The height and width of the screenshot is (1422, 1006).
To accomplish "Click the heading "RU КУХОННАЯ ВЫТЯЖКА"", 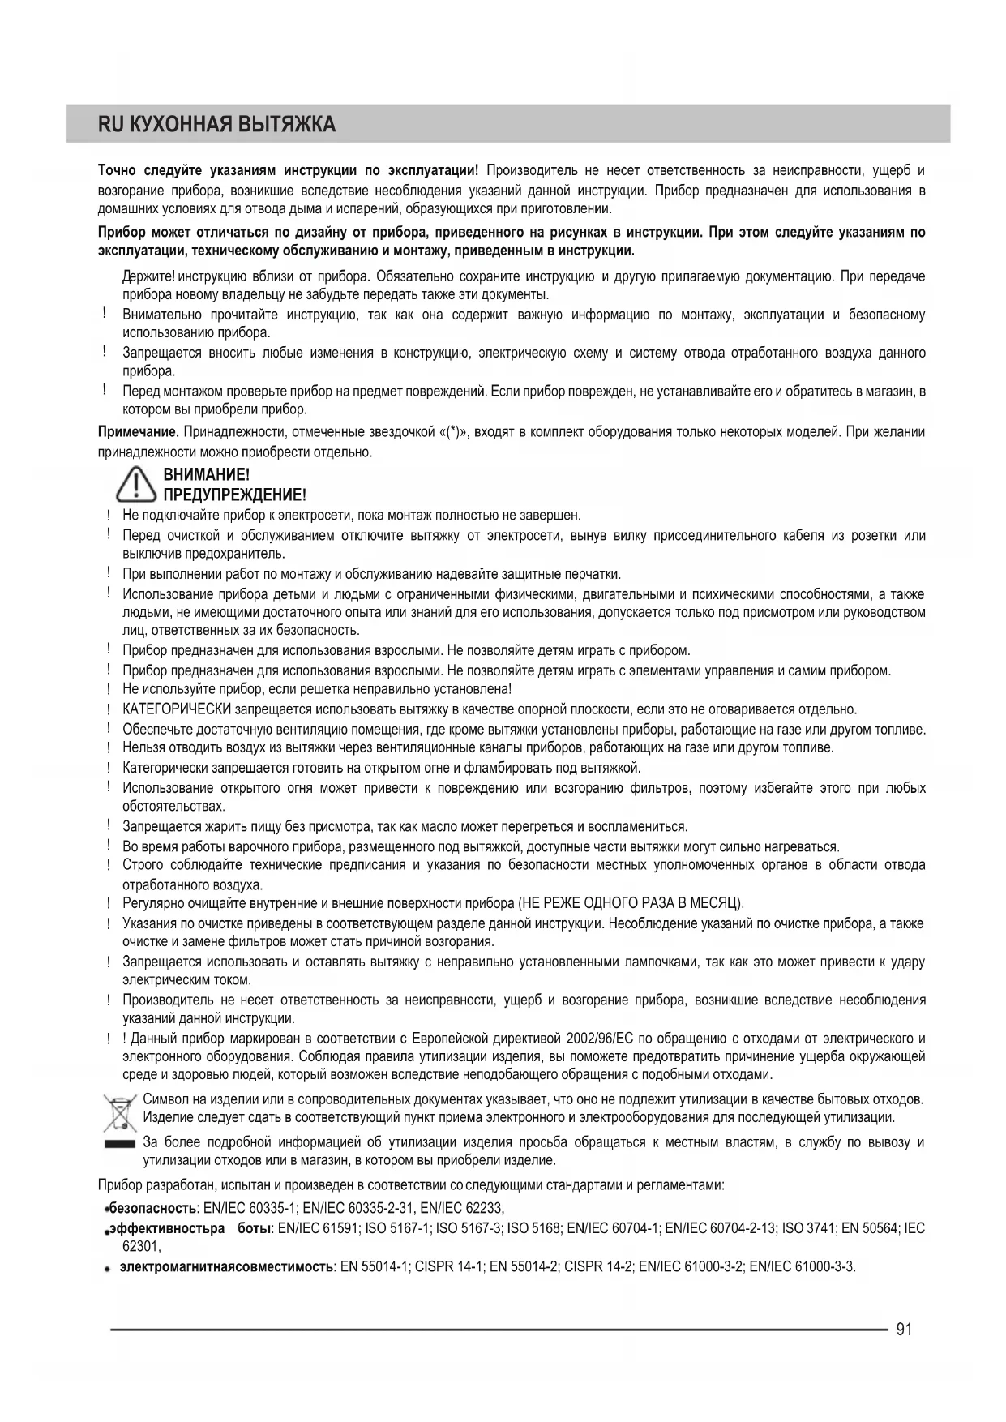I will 216,125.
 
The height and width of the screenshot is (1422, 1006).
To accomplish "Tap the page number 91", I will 905,1329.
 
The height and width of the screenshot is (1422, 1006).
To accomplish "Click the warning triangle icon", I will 135,484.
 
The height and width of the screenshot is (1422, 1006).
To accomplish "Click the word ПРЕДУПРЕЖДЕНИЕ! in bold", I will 235,495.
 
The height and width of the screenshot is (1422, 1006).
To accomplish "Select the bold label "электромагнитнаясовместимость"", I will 226,1266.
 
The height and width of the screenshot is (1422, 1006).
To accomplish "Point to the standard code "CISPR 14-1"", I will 450,1266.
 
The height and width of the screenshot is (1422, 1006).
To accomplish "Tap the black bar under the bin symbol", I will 118,1143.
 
